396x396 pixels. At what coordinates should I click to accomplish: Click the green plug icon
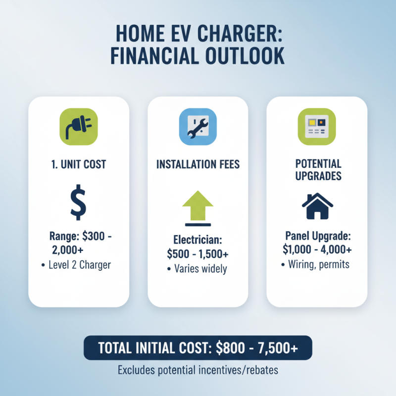(79, 127)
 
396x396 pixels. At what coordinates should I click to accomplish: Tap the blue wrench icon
(198, 127)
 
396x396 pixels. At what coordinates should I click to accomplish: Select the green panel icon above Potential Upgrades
(317, 127)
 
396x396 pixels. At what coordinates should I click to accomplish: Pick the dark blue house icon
(317, 206)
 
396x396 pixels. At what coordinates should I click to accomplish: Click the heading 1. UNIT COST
(79, 164)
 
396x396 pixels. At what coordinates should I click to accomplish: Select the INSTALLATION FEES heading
(198, 164)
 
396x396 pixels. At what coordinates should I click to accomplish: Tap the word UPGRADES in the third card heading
(317, 176)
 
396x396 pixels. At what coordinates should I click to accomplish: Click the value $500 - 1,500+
(198, 254)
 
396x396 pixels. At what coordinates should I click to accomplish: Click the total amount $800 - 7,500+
(257, 348)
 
